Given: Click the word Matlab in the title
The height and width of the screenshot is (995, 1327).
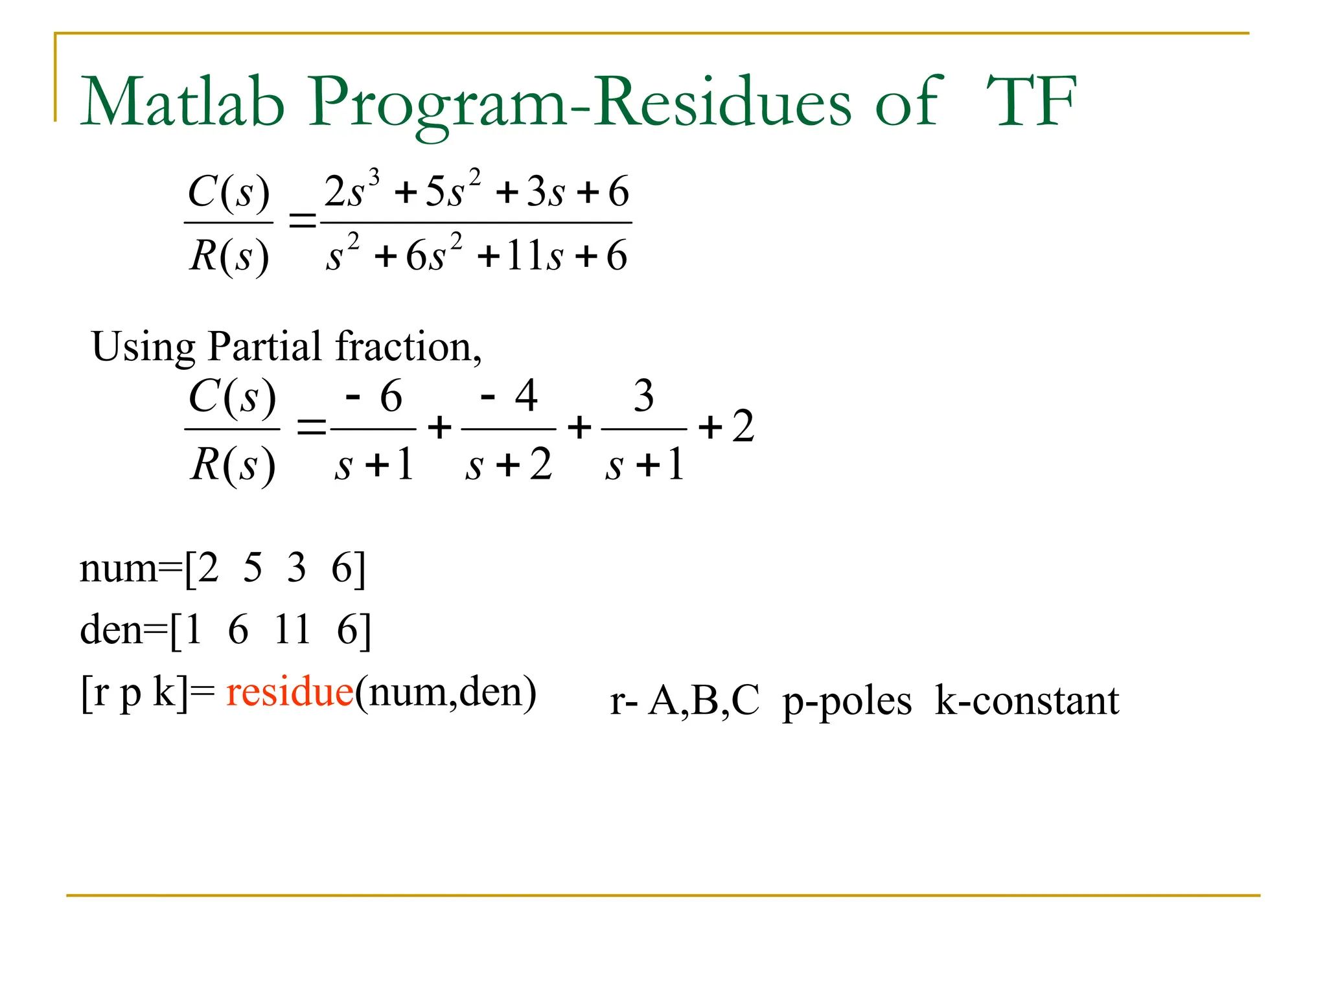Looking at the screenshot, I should click(x=183, y=102).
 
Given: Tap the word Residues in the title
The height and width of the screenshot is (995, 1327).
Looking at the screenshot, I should click(x=724, y=102).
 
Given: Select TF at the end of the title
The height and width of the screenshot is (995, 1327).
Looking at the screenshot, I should click(x=1031, y=102).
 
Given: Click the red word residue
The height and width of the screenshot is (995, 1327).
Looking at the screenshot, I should click(x=290, y=692).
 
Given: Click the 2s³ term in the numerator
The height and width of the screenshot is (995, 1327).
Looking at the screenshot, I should click(x=351, y=190).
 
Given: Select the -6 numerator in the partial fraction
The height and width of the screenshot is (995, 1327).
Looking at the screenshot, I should click(x=375, y=396).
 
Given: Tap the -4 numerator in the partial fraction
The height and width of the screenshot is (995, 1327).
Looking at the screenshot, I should click(x=509, y=396).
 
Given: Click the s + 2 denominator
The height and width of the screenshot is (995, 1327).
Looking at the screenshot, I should click(x=509, y=465).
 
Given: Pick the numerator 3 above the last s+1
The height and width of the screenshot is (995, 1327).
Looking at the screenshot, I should click(x=643, y=396).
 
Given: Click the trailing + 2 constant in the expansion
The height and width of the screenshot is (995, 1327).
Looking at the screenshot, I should click(x=727, y=428).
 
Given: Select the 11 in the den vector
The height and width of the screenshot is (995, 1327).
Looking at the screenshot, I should click(x=292, y=629).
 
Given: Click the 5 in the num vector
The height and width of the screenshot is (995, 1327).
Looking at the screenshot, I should click(x=253, y=568).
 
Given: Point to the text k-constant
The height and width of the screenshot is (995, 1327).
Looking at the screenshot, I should click(x=1027, y=701).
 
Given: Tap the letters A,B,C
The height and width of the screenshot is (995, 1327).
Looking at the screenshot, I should click(x=704, y=701).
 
